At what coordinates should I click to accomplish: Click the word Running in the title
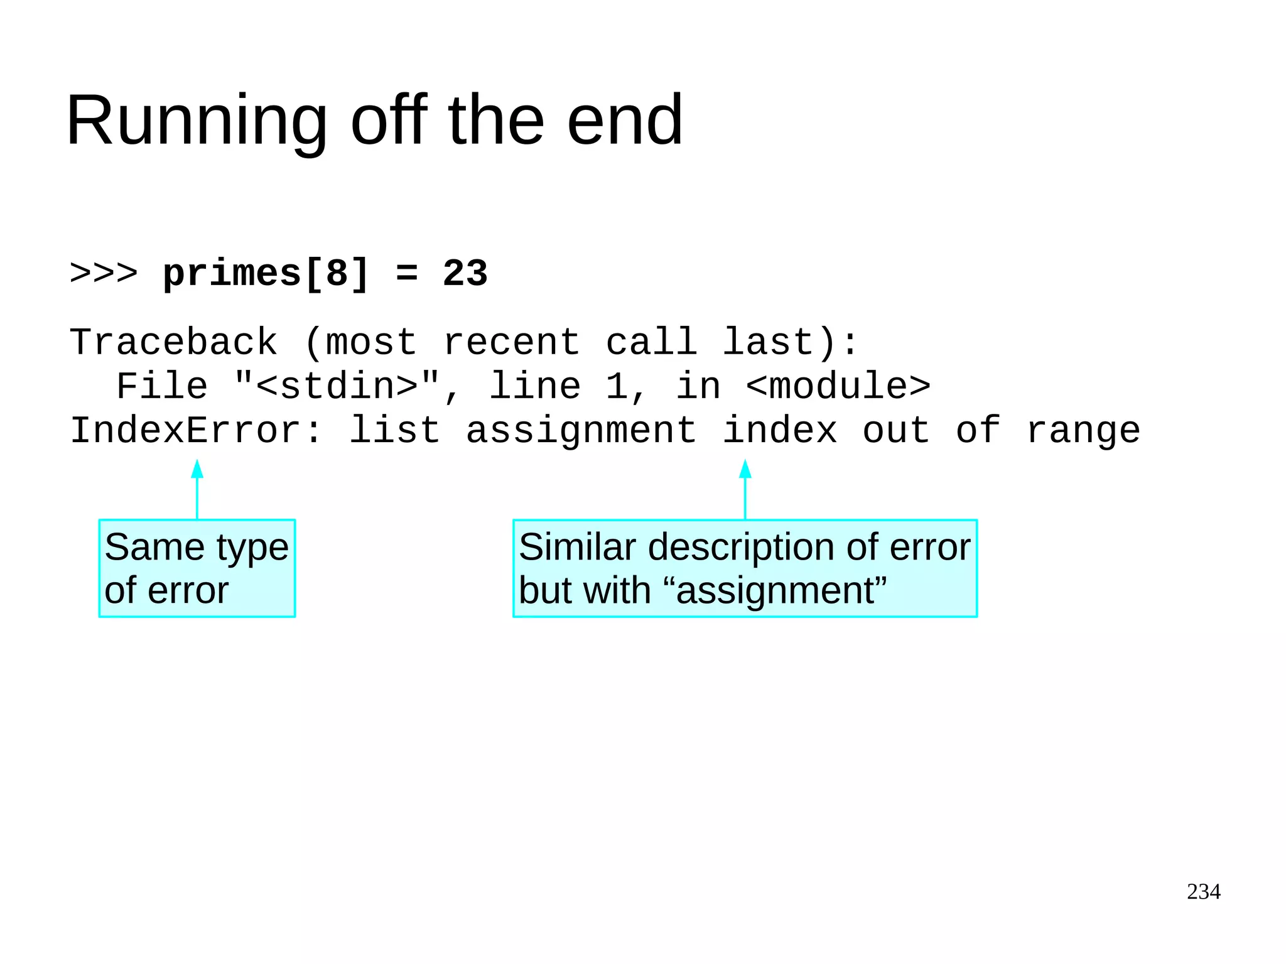pos(196,121)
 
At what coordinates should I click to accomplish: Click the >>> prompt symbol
pos(104,274)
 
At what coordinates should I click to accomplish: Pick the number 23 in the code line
pos(465,274)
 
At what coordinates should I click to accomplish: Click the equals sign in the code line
pos(407,274)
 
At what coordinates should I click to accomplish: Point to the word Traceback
pos(173,343)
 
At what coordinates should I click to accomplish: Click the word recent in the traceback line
pos(511,343)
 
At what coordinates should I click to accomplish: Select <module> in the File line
pos(838,387)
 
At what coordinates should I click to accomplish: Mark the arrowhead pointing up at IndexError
pos(197,469)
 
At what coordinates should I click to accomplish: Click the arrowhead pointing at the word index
pos(745,469)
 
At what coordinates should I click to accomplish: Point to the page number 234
pos(1203,892)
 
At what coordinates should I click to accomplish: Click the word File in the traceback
pos(162,387)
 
